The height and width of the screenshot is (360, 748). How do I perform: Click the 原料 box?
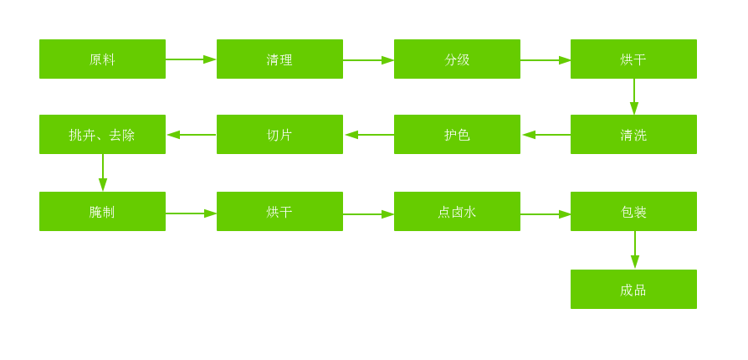(x=102, y=59)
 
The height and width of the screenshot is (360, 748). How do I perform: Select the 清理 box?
(x=279, y=59)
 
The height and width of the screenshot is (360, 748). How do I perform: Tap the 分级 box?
(x=457, y=59)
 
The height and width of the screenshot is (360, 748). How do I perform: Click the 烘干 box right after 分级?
(x=633, y=59)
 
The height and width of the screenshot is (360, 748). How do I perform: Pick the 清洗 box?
(x=633, y=135)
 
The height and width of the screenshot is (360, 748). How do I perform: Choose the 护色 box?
(x=457, y=135)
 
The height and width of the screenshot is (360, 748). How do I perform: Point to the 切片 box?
(x=279, y=135)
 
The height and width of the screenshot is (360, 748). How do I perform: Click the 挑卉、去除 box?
(x=102, y=135)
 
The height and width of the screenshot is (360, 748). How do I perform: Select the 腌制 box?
(x=102, y=212)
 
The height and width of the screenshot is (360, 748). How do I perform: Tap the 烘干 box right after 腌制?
(x=279, y=212)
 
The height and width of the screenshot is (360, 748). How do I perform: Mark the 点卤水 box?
(x=457, y=212)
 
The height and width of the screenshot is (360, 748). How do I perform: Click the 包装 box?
(x=633, y=212)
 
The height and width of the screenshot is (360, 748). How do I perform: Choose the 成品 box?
(x=633, y=290)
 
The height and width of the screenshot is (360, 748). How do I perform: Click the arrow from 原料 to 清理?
(x=191, y=59)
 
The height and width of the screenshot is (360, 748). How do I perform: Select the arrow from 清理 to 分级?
(x=368, y=60)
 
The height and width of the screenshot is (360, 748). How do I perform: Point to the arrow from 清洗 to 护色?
(x=546, y=135)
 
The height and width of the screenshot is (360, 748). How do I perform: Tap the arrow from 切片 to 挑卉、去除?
(x=191, y=135)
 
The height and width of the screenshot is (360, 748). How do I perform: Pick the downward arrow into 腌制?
(x=103, y=173)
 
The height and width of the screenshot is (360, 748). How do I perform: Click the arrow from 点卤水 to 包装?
(x=546, y=214)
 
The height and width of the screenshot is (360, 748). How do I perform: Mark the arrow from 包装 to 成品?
(x=635, y=250)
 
